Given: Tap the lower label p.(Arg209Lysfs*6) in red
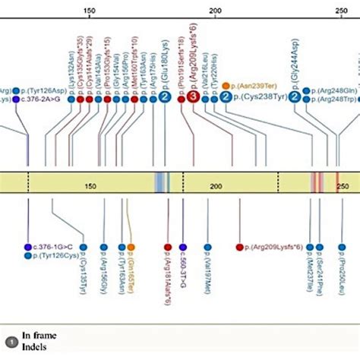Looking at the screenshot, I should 279,247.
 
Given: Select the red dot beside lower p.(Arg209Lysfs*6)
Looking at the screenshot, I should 239,247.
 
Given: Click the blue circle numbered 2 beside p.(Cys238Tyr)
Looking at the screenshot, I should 226,98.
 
